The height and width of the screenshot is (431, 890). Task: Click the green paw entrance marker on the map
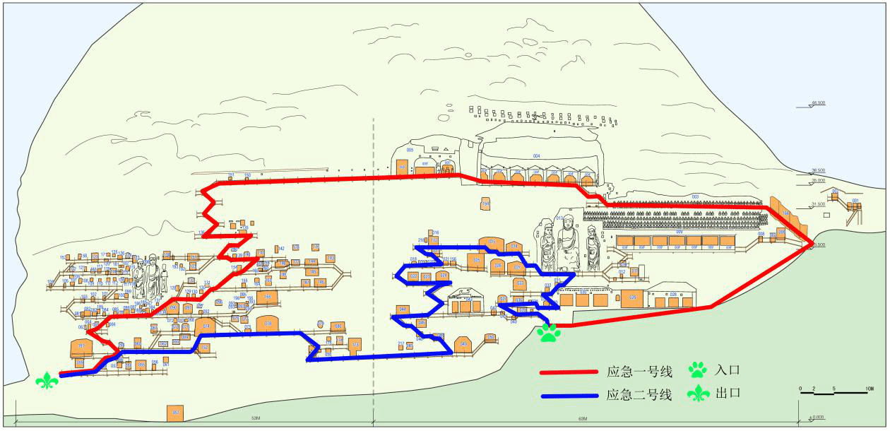pyautogui.click(x=548, y=332)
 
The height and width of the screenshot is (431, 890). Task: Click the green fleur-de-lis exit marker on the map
pyautogui.click(x=47, y=381)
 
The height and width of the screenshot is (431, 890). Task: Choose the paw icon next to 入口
pyautogui.click(x=698, y=369)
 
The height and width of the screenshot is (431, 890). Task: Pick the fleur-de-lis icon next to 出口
pyautogui.click(x=698, y=394)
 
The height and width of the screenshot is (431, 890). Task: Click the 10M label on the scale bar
pyautogui.click(x=870, y=389)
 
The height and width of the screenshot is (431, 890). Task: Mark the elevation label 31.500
pyautogui.click(x=818, y=204)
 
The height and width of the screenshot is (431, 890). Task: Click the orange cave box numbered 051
pyautogui.click(x=174, y=413)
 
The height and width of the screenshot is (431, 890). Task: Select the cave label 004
pyautogui.click(x=536, y=155)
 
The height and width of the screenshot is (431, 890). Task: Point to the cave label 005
pyautogui.click(x=410, y=150)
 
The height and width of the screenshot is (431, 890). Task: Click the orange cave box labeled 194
pyautogui.click(x=485, y=204)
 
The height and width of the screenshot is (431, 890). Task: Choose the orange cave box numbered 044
pyautogui.click(x=403, y=309)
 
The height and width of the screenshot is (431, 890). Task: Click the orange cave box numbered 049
pyautogui.click(x=463, y=344)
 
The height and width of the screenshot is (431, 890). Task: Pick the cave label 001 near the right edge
pyautogui.click(x=855, y=201)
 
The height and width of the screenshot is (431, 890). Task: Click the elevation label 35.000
pyautogui.click(x=818, y=181)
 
